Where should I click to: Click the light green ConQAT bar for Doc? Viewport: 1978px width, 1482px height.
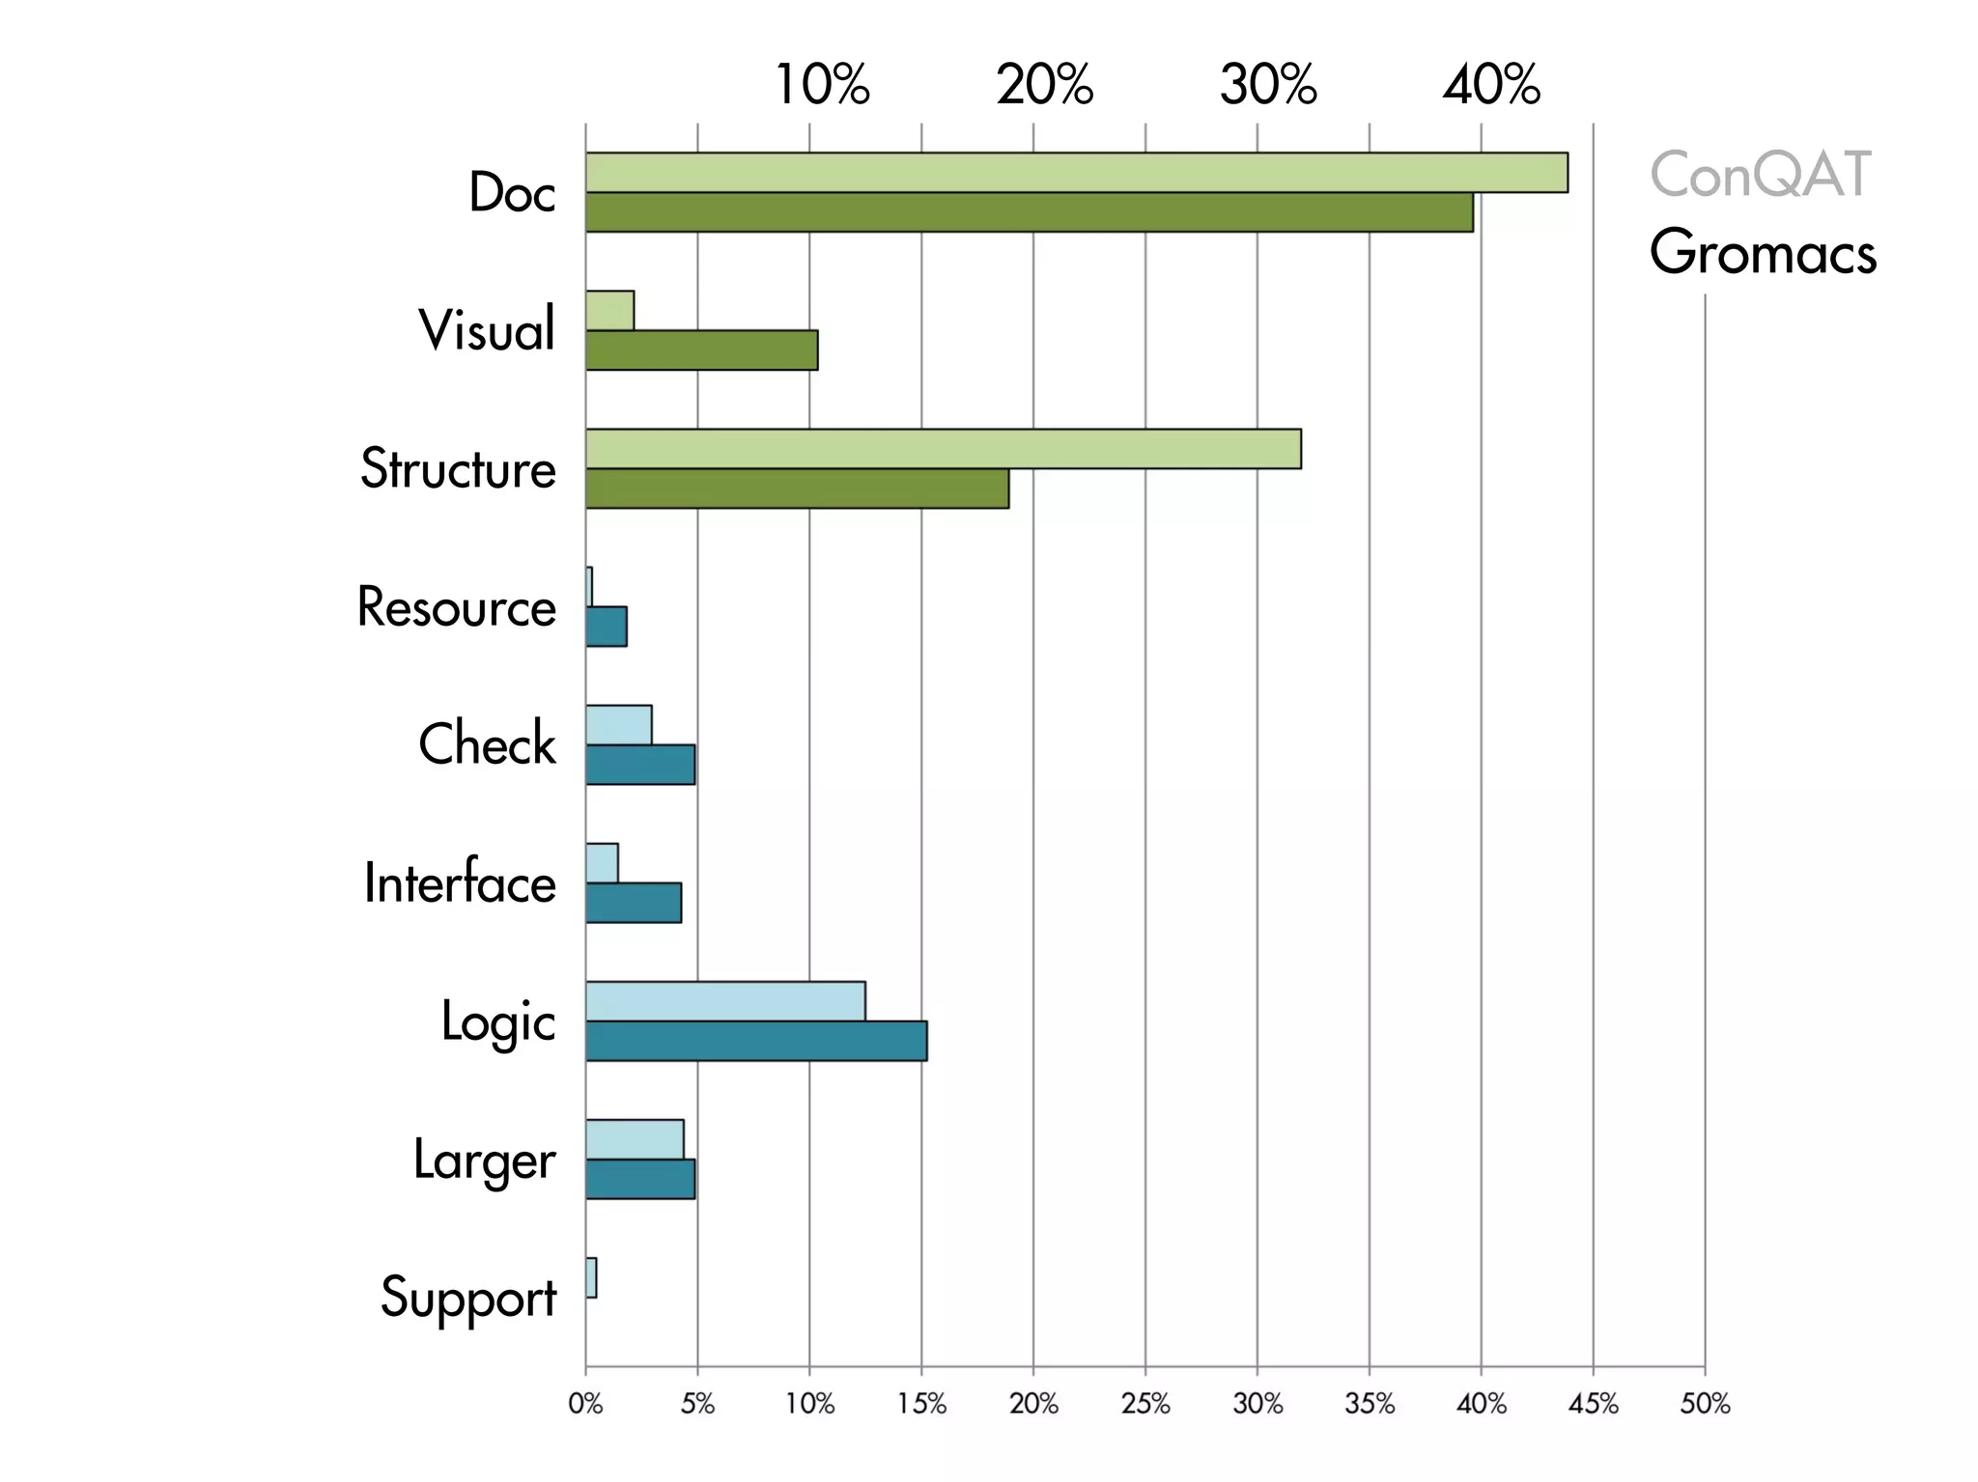(x=1076, y=173)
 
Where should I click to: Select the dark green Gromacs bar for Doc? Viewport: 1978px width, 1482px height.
(x=1029, y=212)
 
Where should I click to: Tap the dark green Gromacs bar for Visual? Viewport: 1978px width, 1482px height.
(x=701, y=350)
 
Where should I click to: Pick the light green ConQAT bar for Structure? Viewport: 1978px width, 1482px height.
(x=943, y=449)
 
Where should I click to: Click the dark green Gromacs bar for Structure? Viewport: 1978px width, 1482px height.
(x=797, y=489)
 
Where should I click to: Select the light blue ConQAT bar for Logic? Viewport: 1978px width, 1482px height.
(x=725, y=1001)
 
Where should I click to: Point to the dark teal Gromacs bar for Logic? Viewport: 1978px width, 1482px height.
(x=756, y=1041)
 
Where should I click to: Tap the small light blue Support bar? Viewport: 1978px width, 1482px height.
(x=591, y=1277)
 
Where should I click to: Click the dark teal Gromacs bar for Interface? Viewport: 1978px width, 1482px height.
(x=634, y=903)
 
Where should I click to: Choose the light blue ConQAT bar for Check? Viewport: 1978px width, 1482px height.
(x=618, y=725)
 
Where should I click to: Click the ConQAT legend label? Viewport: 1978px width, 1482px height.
(x=1760, y=175)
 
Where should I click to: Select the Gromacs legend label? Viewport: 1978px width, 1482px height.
(x=1763, y=253)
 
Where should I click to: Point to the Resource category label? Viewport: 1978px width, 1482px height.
(x=456, y=607)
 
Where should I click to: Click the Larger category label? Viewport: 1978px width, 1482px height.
(x=484, y=1160)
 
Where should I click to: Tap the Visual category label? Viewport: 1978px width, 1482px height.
(x=487, y=330)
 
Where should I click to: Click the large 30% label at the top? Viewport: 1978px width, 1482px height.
(x=1268, y=85)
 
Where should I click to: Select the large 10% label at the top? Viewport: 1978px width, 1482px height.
(x=822, y=85)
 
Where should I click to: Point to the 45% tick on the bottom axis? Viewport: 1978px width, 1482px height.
(x=1593, y=1404)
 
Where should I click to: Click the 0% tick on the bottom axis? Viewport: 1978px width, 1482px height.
(x=585, y=1404)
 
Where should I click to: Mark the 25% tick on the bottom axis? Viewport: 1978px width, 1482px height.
(x=1145, y=1404)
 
